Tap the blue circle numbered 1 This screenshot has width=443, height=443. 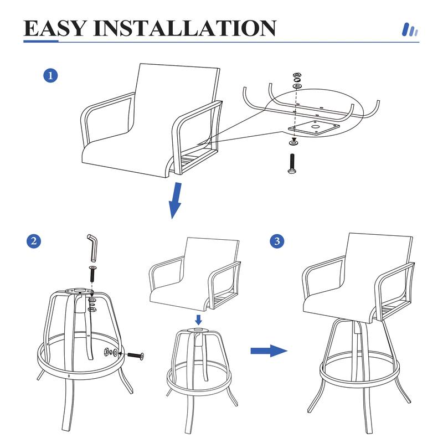[x=51, y=76]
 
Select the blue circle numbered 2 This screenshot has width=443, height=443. [x=34, y=241]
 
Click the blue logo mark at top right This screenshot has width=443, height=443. [x=409, y=29]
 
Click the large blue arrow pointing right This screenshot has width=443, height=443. [x=269, y=351]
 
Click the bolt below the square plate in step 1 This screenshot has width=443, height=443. [x=291, y=163]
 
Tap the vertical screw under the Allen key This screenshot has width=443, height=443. [x=91, y=274]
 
